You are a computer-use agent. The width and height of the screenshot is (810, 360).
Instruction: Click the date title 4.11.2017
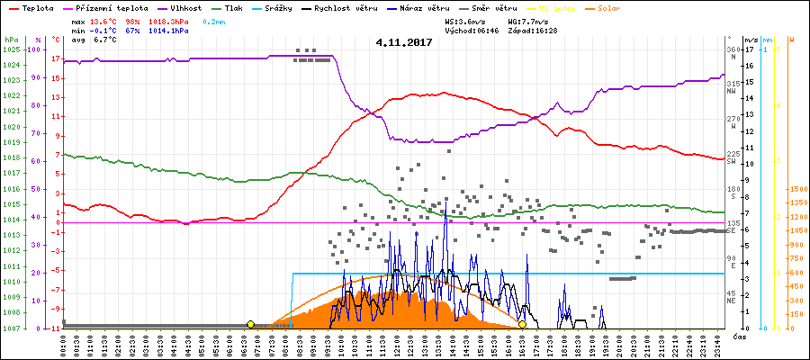[x=404, y=42]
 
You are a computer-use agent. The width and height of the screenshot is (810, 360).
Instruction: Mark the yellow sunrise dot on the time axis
[x=250, y=324]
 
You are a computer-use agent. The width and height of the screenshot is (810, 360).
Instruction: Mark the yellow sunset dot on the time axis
[x=522, y=324]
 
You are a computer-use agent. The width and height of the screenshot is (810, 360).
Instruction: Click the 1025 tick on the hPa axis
[x=11, y=49]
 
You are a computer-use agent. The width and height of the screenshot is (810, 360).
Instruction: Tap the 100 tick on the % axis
[x=35, y=49]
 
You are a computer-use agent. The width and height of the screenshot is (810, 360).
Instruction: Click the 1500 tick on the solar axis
[x=796, y=190]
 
